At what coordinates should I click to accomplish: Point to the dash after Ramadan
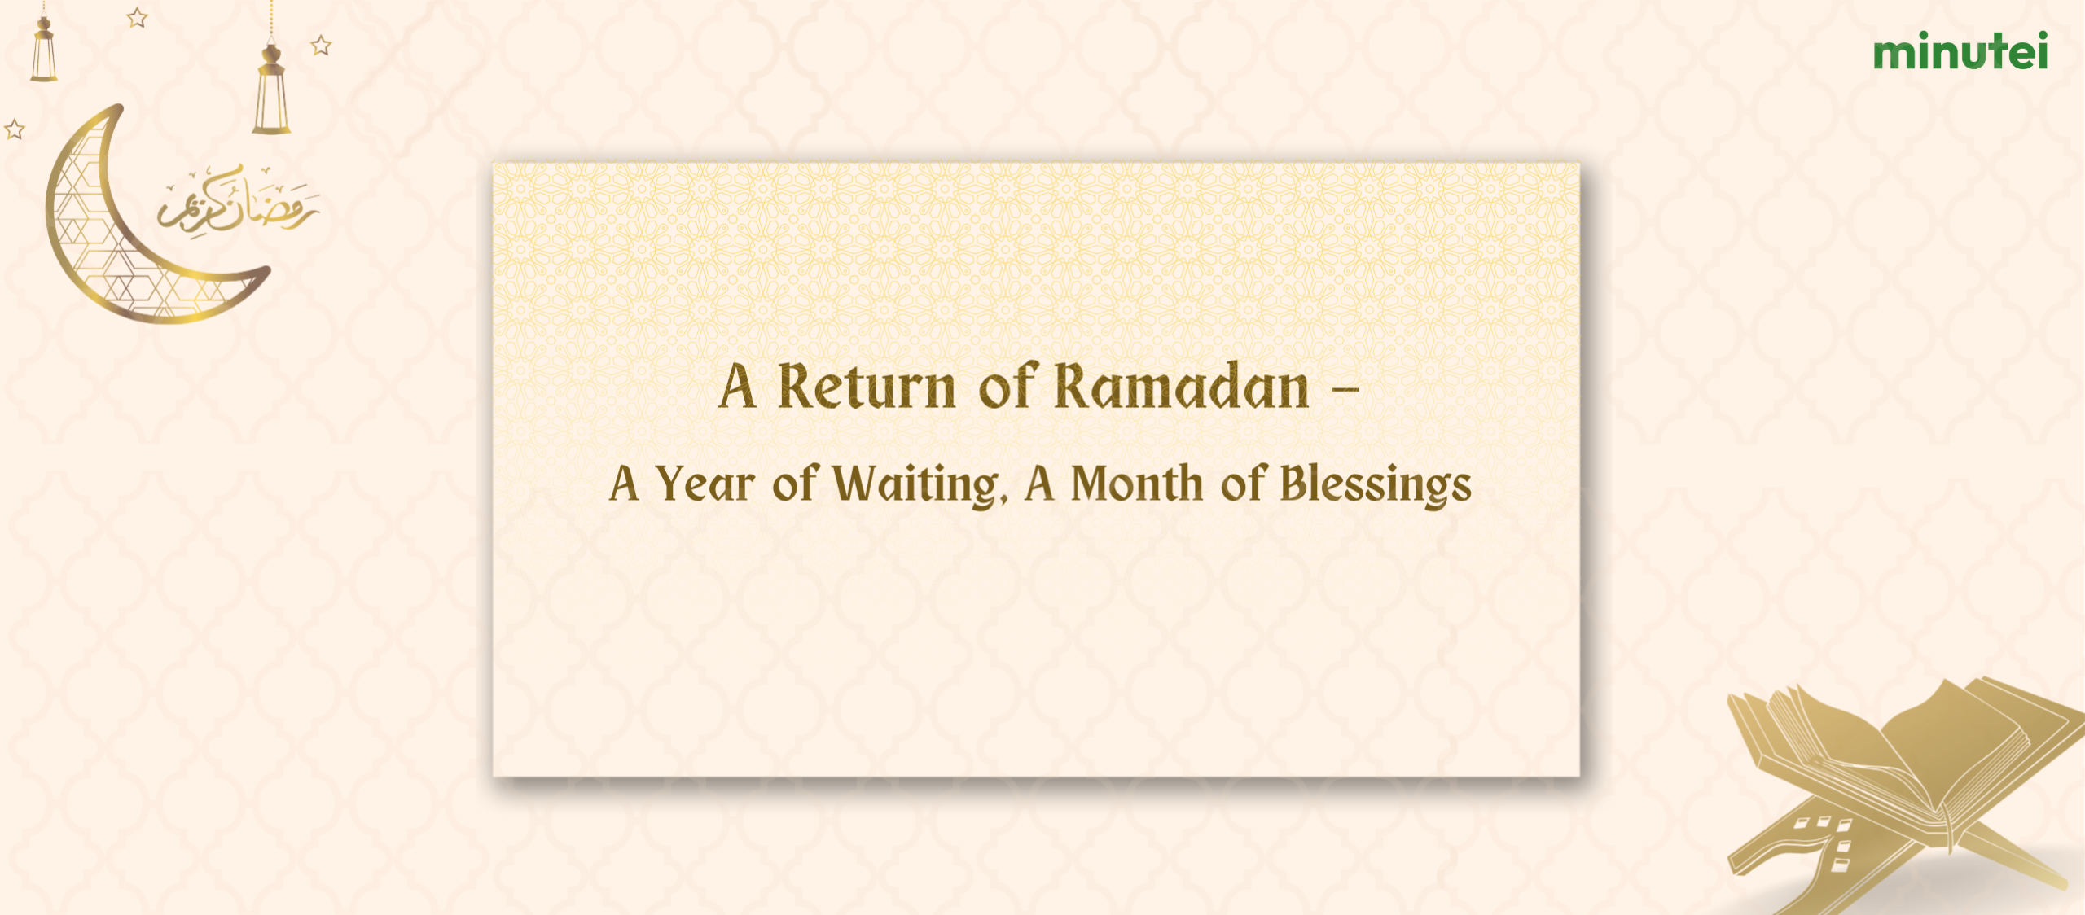(x=1345, y=389)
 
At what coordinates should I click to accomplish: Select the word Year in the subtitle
(x=705, y=484)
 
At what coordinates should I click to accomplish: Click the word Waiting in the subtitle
(x=915, y=485)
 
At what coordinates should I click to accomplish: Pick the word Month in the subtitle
(x=1136, y=484)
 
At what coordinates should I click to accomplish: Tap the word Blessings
(x=1376, y=486)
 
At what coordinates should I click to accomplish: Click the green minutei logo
(x=1960, y=51)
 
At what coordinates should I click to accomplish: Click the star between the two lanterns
(x=138, y=17)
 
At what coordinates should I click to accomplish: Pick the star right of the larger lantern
(x=322, y=46)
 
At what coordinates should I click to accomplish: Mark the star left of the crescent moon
(x=15, y=129)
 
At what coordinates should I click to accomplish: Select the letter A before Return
(x=737, y=387)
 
